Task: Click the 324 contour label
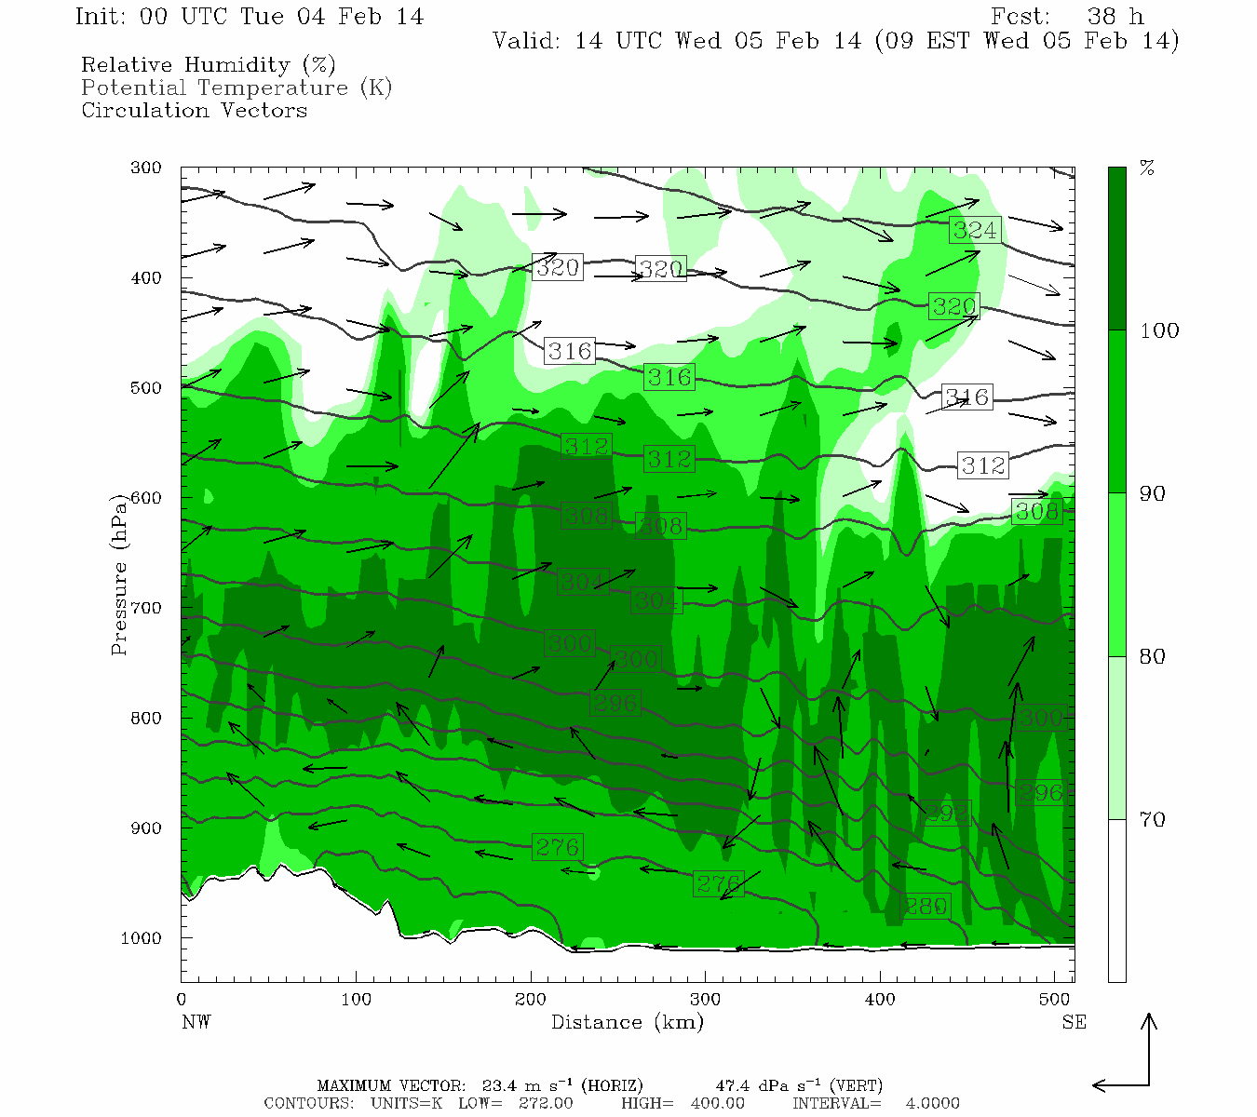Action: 975,230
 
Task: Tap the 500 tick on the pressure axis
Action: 146,388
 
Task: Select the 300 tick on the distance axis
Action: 705,1000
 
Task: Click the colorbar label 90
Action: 1153,493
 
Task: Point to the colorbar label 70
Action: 1153,819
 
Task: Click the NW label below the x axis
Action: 196,1022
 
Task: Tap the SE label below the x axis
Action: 1074,1022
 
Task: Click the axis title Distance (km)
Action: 627,1022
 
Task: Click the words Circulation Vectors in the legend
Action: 194,110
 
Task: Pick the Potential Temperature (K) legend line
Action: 237,87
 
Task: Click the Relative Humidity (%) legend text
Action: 209,65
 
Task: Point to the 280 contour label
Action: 926,906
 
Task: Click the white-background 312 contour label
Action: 983,464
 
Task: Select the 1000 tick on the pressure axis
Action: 142,938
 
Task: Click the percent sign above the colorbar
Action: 1148,168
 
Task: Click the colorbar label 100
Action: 1159,330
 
